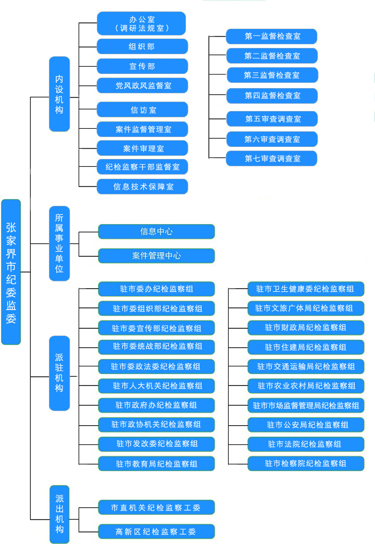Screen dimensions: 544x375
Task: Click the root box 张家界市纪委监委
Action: (11, 271)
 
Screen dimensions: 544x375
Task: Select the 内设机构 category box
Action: (59, 94)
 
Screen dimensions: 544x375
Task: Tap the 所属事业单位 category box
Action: (59, 243)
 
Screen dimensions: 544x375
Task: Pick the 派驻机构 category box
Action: (59, 373)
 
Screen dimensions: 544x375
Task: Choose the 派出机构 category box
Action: (59, 514)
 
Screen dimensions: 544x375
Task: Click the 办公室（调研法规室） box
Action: (142, 23)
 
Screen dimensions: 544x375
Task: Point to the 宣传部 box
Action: (142, 66)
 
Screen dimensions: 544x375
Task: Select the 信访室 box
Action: (142, 109)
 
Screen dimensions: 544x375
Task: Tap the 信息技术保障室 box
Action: (142, 187)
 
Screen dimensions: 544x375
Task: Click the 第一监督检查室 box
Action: (271, 36)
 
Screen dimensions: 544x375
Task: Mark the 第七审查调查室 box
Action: (271, 158)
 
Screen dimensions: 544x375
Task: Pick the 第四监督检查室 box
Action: (271, 96)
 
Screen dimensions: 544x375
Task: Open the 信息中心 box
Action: (156, 231)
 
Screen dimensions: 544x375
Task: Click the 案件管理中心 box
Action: (156, 256)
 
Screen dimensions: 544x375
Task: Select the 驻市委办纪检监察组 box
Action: (156, 289)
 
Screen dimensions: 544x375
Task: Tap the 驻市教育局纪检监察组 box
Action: (156, 463)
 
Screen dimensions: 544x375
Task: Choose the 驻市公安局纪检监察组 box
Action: (306, 425)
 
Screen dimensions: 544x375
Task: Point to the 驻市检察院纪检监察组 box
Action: (306, 463)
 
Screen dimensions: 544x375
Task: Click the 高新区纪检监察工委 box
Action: (156, 531)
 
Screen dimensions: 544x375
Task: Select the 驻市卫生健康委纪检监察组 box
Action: (306, 289)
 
